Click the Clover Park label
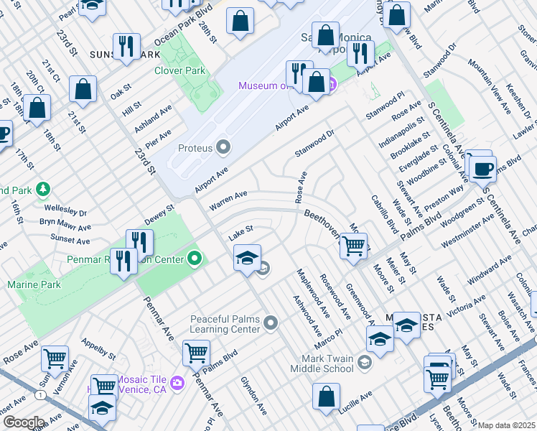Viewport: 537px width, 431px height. pos(179,70)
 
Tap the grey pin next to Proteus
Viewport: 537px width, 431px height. pos(224,148)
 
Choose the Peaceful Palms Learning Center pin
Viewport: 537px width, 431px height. pos(271,324)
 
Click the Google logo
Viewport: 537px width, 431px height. pos(23,422)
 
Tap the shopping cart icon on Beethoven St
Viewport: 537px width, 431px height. pos(353,246)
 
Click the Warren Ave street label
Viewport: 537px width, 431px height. pos(228,200)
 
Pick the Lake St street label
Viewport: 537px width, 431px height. pos(241,232)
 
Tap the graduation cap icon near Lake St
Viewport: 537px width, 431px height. pos(246,257)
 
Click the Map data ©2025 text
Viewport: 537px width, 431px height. pos(506,425)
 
